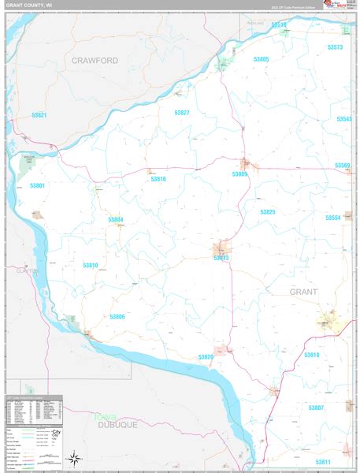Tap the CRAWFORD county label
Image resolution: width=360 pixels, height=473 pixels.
(x=94, y=60)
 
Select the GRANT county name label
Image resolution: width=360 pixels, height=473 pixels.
(x=304, y=292)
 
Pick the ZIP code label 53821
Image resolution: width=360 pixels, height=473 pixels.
(x=40, y=115)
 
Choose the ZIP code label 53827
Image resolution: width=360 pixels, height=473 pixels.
(x=182, y=113)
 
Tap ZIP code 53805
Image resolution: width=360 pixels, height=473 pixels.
(x=261, y=60)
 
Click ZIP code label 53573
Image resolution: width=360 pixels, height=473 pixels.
(x=335, y=48)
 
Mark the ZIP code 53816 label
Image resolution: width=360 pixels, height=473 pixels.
(x=158, y=179)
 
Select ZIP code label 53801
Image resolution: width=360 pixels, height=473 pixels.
(x=38, y=186)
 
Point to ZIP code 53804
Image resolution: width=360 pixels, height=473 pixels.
(x=116, y=218)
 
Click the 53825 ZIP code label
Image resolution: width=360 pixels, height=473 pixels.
(x=268, y=212)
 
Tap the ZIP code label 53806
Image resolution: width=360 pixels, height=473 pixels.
(x=117, y=316)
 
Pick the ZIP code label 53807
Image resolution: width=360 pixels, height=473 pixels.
(x=317, y=407)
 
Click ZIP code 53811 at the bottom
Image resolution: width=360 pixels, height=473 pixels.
(x=323, y=461)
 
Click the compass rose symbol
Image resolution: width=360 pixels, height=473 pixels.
(x=75, y=458)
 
